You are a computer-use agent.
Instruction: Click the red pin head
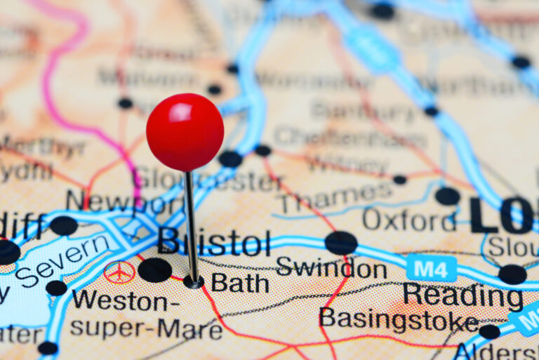pos(185,132)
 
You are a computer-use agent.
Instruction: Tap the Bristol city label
pos(214,242)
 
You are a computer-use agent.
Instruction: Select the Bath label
pos(239,283)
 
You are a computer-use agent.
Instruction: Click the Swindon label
pos(331,268)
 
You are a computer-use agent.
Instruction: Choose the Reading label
pos(463,296)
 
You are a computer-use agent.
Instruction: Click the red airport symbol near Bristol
pos(119,272)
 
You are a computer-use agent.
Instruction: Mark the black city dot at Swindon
pos(340,243)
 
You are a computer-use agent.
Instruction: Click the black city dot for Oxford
pos(447,196)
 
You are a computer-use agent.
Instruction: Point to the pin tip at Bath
pos(193,282)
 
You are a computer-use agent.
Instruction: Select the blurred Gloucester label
pos(208,180)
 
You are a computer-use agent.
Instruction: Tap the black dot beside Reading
pos(512,274)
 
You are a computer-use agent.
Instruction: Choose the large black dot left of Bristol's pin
pos(154,269)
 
